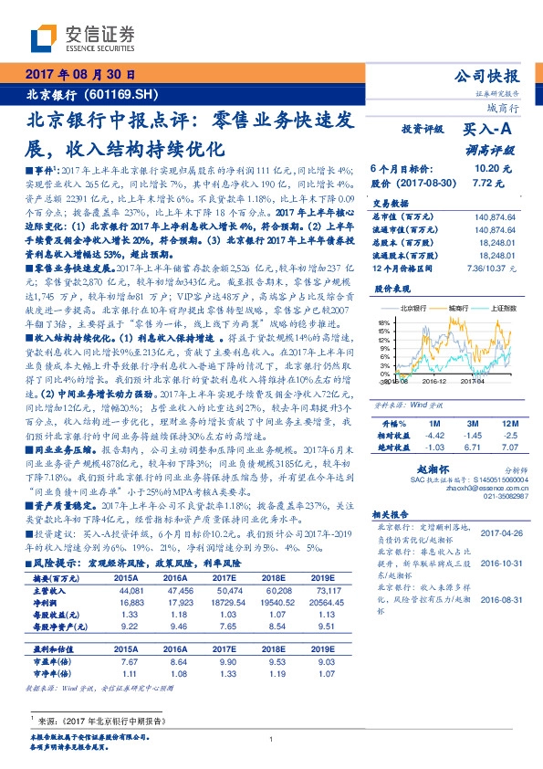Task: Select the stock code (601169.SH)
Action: coord(127,95)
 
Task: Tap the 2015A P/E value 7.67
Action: coord(128,659)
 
